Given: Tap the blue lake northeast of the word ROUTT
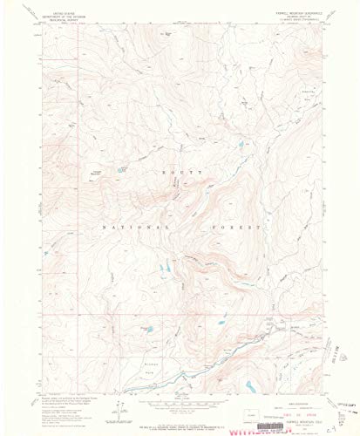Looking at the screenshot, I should coord(239,146).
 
